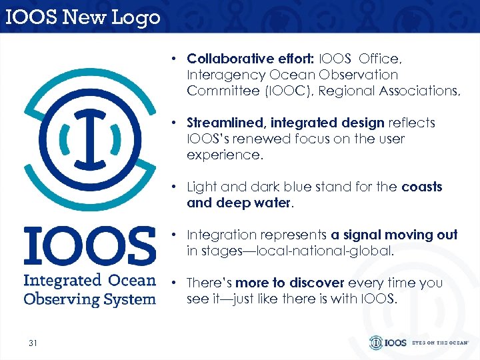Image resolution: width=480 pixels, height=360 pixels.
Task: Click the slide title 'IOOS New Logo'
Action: pyautogui.click(x=83, y=16)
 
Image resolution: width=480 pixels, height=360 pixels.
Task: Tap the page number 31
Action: pyautogui.click(x=33, y=343)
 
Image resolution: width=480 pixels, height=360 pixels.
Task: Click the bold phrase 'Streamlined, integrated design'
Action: pyautogui.click(x=286, y=123)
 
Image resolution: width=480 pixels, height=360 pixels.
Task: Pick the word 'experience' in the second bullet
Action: pyautogui.click(x=223, y=155)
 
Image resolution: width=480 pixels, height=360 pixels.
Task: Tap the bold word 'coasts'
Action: pyautogui.click(x=422, y=187)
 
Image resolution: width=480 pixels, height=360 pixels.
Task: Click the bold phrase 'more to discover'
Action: pyautogui.click(x=281, y=283)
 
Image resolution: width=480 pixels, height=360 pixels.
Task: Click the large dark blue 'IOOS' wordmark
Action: pyautogui.click(x=89, y=246)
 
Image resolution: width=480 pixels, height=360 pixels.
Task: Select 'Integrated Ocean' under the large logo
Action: pyautogui.click(x=89, y=280)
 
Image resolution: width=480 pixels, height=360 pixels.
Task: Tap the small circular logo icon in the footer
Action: pyautogui.click(x=377, y=343)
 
